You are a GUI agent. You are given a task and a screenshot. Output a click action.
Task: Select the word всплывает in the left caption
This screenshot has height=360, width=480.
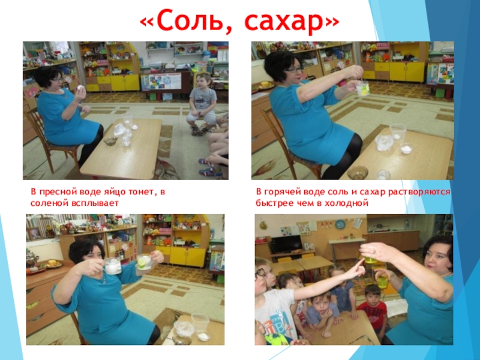pos(95,203)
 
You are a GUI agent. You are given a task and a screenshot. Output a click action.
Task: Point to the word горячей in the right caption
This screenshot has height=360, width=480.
pos(283,192)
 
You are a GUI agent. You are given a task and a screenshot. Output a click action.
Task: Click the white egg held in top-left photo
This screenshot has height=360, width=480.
pos(80,88)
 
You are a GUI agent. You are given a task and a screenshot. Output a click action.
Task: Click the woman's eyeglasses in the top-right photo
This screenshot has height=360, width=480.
pos(292,69)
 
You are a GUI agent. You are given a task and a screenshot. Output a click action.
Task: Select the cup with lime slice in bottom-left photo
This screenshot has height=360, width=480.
pos(143,262)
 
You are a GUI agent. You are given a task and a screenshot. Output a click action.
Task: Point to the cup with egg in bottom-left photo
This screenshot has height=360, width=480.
pos(112,266)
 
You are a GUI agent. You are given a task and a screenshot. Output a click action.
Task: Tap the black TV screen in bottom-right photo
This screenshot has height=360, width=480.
pos(287,244)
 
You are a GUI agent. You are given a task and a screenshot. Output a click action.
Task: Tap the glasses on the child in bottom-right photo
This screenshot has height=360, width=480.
pos(260,272)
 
